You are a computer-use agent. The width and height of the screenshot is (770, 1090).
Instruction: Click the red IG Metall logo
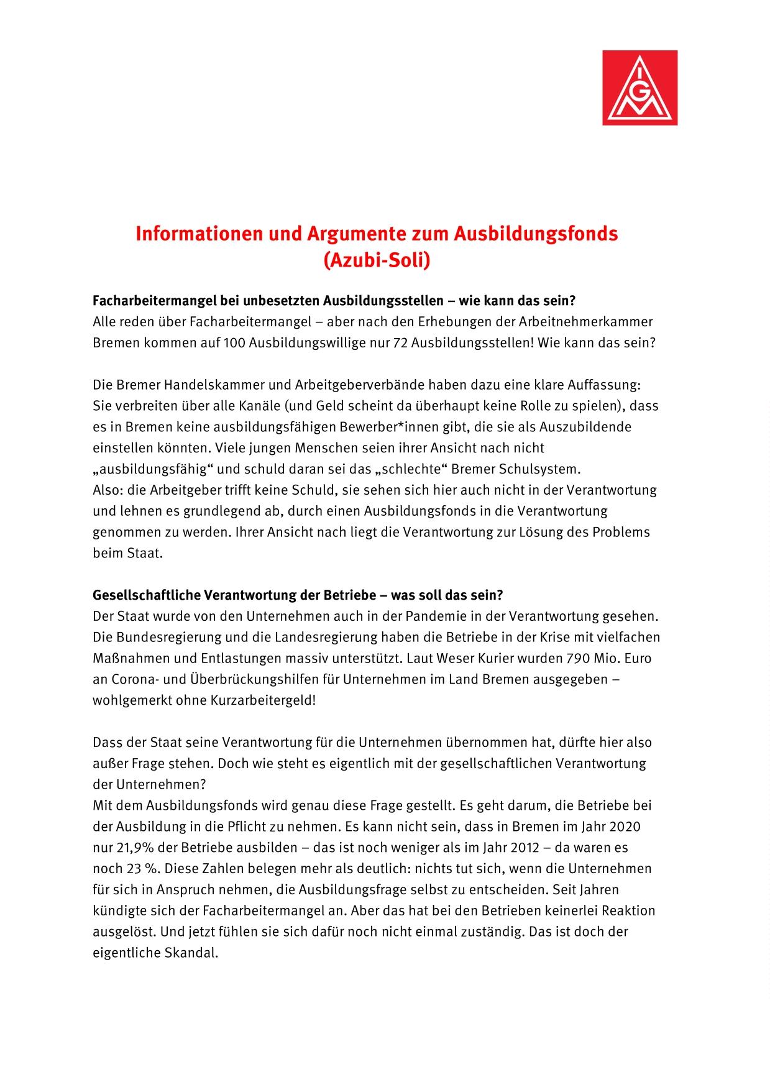pos(639,88)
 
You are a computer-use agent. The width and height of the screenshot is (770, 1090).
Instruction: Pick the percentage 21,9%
pos(129,847)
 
